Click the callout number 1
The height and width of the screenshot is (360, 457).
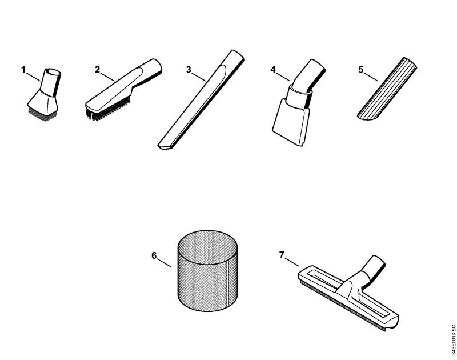pyautogui.click(x=23, y=69)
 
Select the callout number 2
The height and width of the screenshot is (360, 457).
pyautogui.click(x=97, y=69)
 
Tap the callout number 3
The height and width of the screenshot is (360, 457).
pyautogui.click(x=189, y=70)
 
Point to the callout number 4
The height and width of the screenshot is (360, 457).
pyautogui.click(x=273, y=70)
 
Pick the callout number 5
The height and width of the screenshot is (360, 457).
pyautogui.click(x=361, y=70)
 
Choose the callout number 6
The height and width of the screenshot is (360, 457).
pyautogui.click(x=154, y=255)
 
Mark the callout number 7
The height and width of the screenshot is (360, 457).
pyautogui.click(x=282, y=255)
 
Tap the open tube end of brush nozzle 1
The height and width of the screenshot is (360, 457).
pyautogui.click(x=53, y=71)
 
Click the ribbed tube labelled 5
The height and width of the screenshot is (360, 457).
pyautogui.click(x=387, y=89)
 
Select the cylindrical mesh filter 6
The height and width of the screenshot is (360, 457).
pyautogui.click(x=207, y=270)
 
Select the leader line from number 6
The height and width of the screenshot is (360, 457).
pyautogui.click(x=164, y=262)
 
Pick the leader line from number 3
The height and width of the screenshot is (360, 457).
pyautogui.click(x=199, y=76)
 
